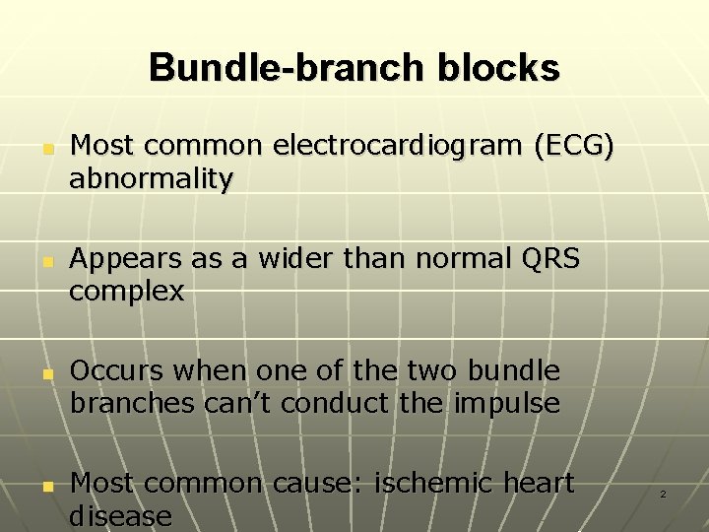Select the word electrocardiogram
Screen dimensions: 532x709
tap(398, 147)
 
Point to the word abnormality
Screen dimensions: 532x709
tap(151, 179)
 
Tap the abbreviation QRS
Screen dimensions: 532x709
tap(546, 259)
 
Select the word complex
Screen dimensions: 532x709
tap(127, 293)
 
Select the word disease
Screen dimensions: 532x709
tap(120, 516)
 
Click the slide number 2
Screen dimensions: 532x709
tap(663, 494)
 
